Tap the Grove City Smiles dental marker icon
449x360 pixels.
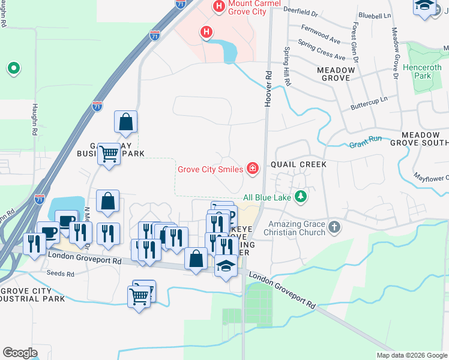click(x=253, y=168)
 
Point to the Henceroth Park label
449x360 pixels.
click(x=426, y=72)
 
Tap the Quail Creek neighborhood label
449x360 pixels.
click(x=298, y=164)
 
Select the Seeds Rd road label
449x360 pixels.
click(x=60, y=274)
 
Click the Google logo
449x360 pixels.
click(x=20, y=352)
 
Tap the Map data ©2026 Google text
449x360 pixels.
click(x=411, y=355)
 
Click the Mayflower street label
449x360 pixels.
click(x=431, y=178)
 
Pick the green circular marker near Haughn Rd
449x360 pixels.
click(x=13, y=68)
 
